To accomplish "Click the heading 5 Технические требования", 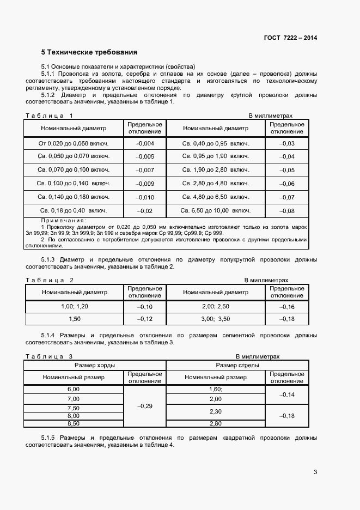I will (89, 53).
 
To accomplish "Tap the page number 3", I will (315, 472).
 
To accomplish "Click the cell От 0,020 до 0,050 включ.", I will (74, 143).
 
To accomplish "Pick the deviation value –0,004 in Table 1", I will (144, 143).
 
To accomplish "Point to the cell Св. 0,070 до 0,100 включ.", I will (74, 170).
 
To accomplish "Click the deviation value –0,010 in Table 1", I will (144, 197).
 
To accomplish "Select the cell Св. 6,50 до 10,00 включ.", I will (216, 210).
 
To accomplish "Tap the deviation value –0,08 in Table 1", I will (286, 211).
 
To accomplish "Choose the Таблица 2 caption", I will (50, 280).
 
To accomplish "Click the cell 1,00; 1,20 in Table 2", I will (75, 307).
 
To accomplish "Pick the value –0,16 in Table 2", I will (286, 307).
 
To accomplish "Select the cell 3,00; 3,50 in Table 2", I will (216, 319).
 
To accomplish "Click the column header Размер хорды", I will (95, 365).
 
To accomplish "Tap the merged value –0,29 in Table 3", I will (144, 406).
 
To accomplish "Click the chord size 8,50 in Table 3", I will (73, 423).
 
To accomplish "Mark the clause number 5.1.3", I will (48, 259).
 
